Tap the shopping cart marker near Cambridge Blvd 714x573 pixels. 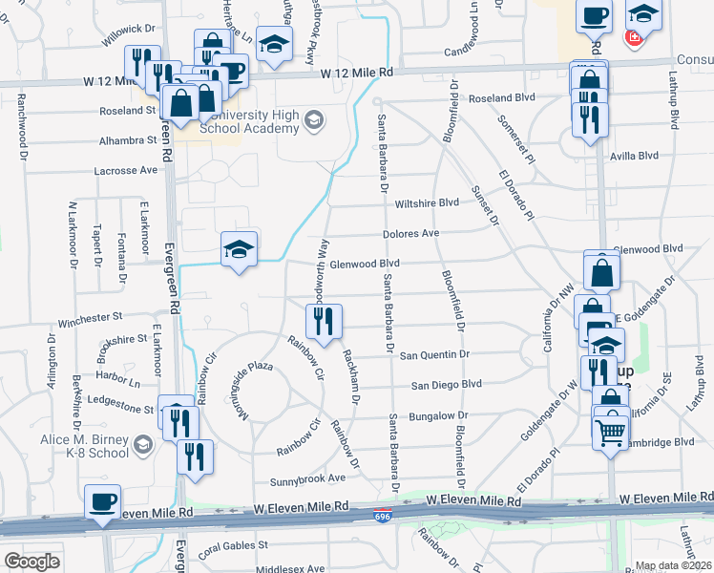pyautogui.click(x=612, y=432)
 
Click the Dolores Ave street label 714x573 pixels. pyautogui.click(x=410, y=233)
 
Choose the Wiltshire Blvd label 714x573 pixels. pyautogui.click(x=429, y=202)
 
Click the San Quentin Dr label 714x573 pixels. pyautogui.click(x=435, y=354)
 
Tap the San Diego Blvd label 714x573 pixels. pyautogui.click(x=446, y=385)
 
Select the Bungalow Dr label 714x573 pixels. pyautogui.click(x=438, y=415)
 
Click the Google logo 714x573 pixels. pyautogui.click(x=31, y=562)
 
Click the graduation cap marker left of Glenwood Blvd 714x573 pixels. pyautogui.click(x=239, y=250)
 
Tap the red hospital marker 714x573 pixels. pyautogui.click(x=632, y=39)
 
